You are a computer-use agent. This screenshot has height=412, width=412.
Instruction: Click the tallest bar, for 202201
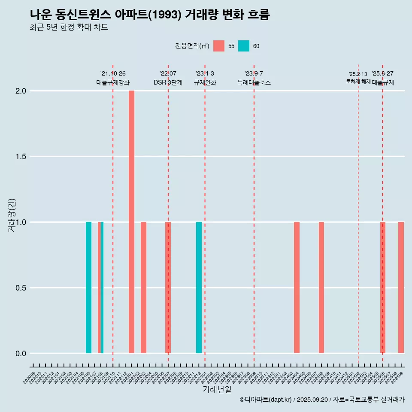[131, 222]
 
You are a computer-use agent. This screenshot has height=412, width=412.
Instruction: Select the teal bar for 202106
[88, 288]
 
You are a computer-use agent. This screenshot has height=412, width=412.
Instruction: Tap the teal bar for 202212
[199, 288]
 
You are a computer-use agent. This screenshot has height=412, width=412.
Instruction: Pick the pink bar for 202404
[297, 288]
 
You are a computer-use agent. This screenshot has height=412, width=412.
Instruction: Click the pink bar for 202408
[321, 288]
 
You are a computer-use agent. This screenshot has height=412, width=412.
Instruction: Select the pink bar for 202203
[143, 288]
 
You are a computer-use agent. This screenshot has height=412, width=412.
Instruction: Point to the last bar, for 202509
[401, 288]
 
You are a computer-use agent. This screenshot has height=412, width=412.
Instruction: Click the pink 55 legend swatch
[219, 46]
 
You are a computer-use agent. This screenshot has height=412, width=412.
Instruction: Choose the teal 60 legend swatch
[244, 46]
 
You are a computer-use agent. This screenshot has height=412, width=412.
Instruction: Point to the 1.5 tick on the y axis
[21, 157]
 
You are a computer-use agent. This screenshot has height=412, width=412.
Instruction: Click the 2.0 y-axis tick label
[21, 91]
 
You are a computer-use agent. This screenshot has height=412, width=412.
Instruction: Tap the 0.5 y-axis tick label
[21, 288]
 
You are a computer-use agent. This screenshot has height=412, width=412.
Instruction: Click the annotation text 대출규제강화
[113, 82]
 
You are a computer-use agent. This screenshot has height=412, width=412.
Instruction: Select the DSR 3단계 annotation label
[168, 82]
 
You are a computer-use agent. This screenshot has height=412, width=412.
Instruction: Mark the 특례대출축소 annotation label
[254, 82]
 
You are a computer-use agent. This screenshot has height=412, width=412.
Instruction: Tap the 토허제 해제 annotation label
[358, 82]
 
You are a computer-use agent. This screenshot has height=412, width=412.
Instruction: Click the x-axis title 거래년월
[217, 389]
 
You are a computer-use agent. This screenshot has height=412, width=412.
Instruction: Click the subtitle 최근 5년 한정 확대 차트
[69, 27]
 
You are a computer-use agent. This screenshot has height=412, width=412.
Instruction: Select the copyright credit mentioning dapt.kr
[322, 400]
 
